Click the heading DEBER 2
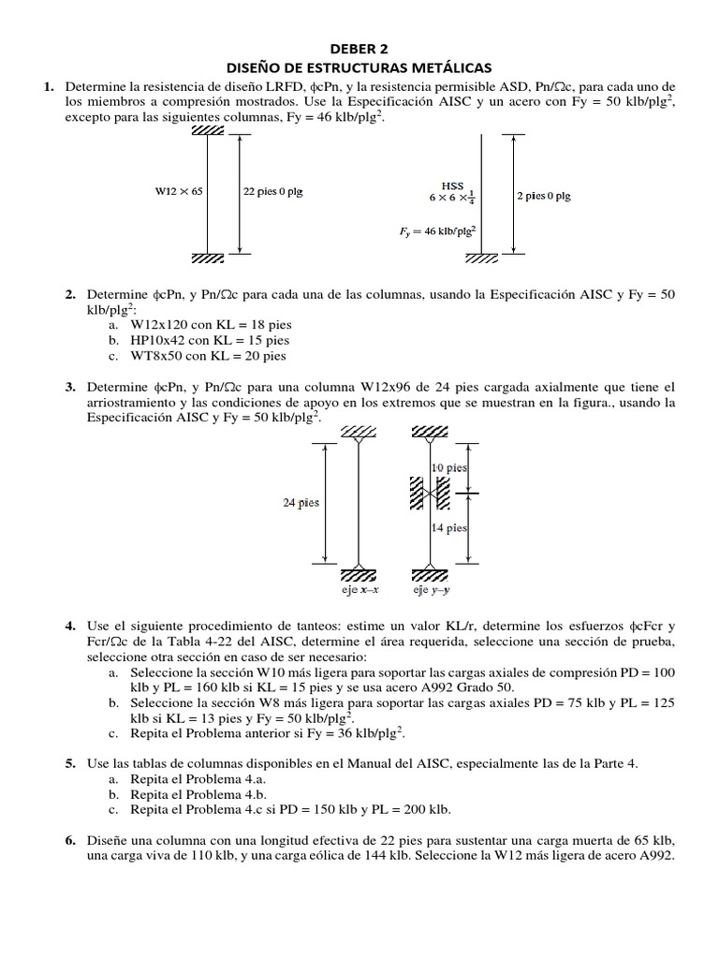359,48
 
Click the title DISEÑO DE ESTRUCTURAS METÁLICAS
359,67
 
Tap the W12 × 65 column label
179,192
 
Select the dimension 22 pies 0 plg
272,192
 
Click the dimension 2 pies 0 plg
543,197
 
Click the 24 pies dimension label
301,502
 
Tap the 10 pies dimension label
449,466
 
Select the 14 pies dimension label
449,528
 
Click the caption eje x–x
359,591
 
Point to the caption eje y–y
432,591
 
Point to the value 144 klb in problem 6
430,856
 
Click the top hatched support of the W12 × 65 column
208,129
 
